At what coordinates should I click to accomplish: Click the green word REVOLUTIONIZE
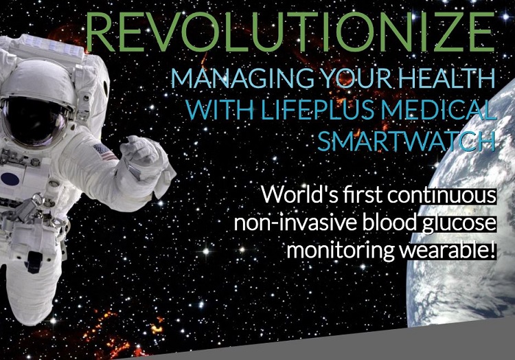[290, 32]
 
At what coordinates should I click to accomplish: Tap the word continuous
[442, 195]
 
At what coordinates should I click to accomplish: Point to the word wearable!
[447, 251]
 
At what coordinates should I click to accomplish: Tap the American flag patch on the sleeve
[104, 152]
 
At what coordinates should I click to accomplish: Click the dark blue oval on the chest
[10, 179]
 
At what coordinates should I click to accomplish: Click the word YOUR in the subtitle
[357, 78]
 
